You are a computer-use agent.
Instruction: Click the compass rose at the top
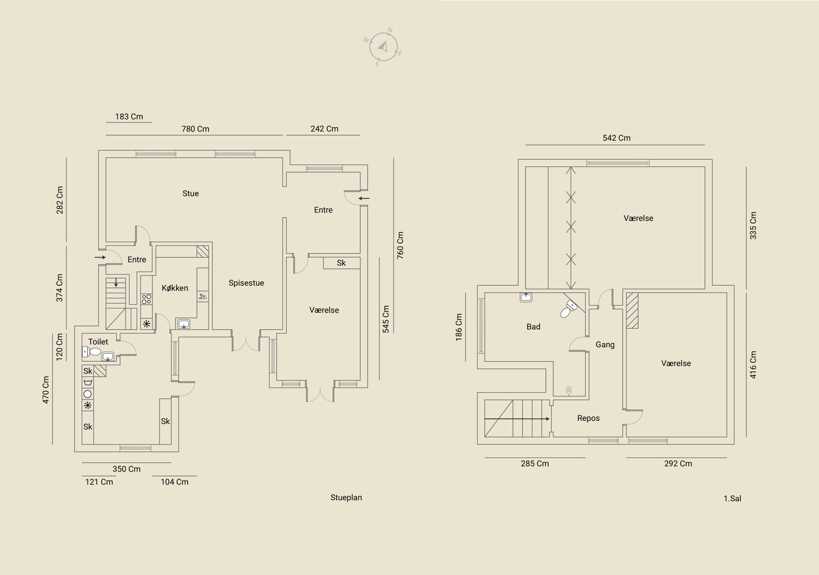click(383, 47)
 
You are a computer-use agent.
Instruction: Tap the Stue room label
click(190, 194)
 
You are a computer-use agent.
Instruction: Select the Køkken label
click(175, 288)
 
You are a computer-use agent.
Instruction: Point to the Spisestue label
click(246, 283)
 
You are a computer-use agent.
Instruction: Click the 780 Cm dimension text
click(195, 129)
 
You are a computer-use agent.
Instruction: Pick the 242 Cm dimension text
click(325, 129)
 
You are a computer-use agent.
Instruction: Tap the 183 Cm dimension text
click(129, 117)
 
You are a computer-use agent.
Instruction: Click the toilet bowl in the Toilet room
click(92, 352)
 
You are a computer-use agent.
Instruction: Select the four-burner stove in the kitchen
click(146, 299)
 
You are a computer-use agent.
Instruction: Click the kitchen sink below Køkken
click(184, 324)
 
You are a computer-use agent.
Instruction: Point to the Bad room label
click(533, 327)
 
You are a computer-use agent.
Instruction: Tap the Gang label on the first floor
click(605, 345)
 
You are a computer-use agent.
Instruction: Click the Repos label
click(588, 418)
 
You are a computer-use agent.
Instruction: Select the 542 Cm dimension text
click(616, 138)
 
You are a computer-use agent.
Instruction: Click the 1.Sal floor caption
click(732, 499)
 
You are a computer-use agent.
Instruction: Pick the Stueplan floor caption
click(346, 498)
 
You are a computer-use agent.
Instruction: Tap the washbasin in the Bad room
click(526, 297)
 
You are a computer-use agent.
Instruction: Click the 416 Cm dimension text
click(753, 365)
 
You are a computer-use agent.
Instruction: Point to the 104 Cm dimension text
click(175, 482)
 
